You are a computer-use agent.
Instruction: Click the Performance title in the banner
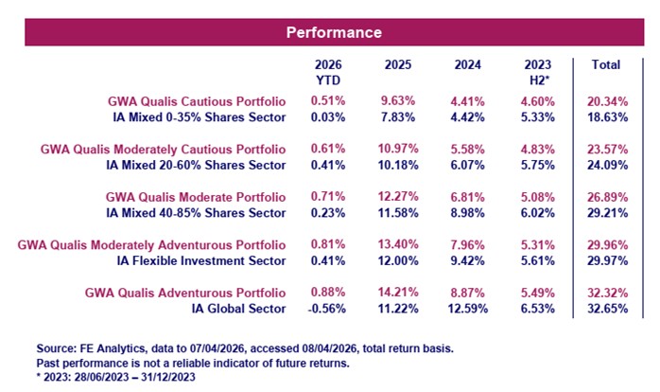click(334, 32)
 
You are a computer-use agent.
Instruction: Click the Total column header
click(605, 65)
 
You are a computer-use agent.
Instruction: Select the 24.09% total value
click(605, 165)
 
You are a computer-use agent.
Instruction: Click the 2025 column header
click(399, 65)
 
